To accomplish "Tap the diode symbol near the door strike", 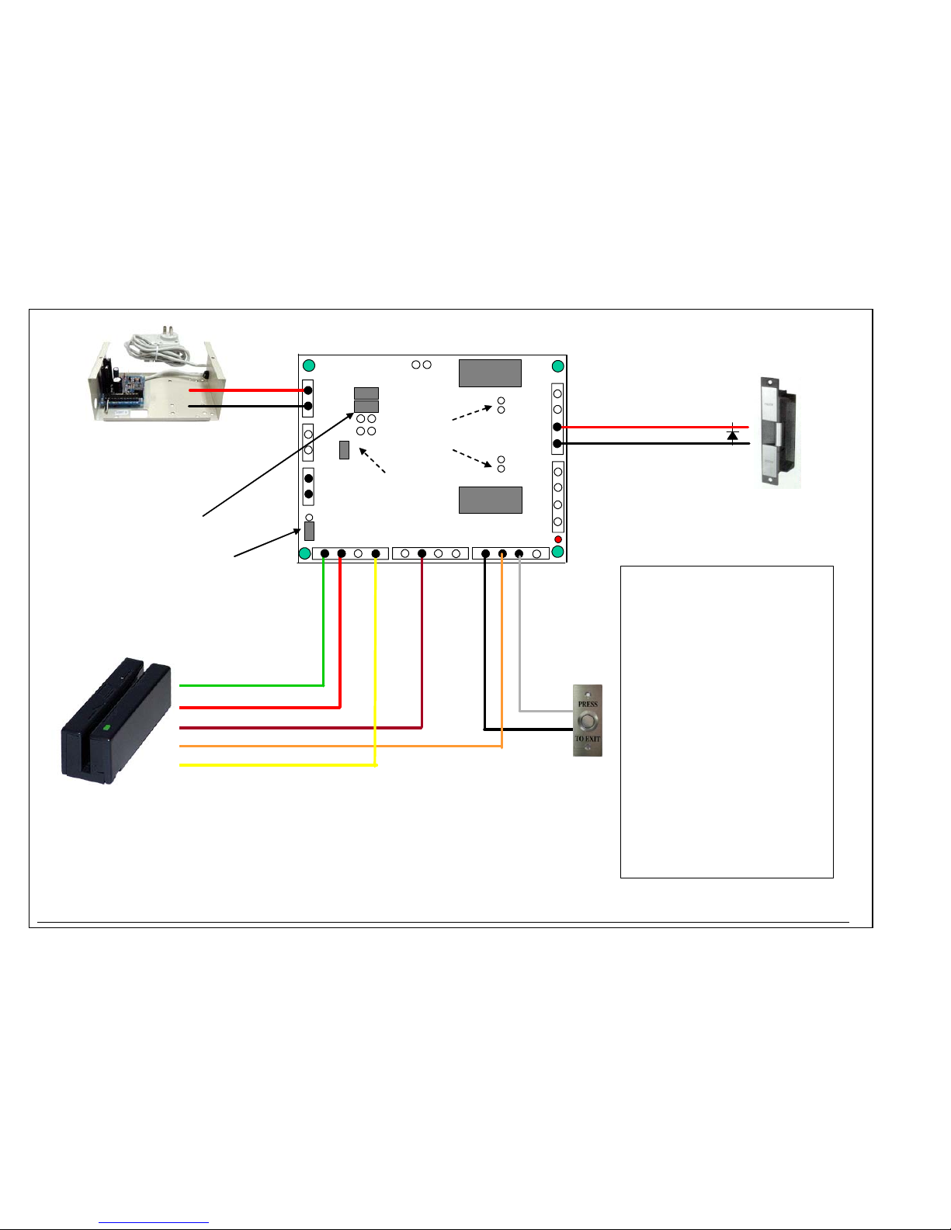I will coord(732,435).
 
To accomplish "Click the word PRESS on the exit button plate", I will coord(588,704).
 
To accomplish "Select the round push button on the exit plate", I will coord(588,721).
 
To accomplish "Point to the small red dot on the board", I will coord(557,539).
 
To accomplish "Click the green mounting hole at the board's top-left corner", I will coord(309,366).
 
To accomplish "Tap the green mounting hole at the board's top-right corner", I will coord(557,366).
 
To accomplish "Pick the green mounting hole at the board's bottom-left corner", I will coord(305,553).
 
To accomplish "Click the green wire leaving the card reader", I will coord(248,685).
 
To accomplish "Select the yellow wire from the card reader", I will coord(272,765).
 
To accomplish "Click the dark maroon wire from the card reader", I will coord(295,728).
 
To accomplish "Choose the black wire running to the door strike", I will coord(652,443).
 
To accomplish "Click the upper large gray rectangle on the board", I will coord(490,373).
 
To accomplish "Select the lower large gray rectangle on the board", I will coord(490,500).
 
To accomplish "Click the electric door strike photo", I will coord(779,431).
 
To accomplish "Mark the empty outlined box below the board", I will coord(727,722).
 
